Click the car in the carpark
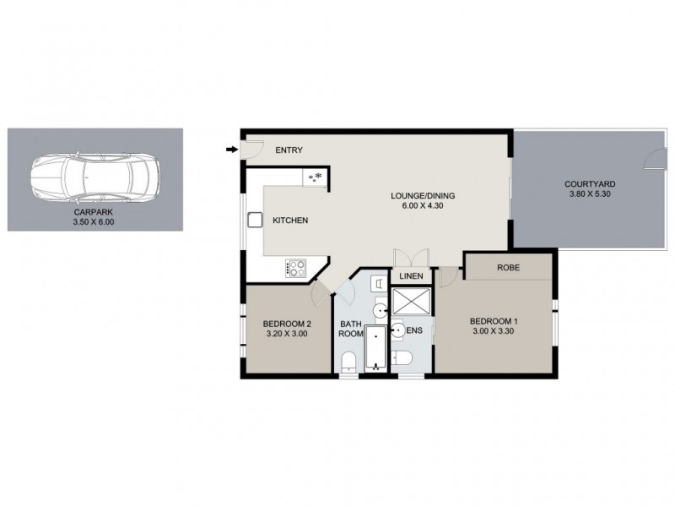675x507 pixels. tap(94, 179)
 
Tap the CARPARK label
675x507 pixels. tap(94, 213)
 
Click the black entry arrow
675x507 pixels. tap(231, 150)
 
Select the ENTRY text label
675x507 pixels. tap(289, 150)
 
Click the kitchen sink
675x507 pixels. tap(255, 220)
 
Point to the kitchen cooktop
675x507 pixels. tap(296, 268)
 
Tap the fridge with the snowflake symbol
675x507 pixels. tap(316, 177)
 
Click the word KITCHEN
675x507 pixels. tap(290, 221)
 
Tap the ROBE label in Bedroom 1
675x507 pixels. tap(508, 268)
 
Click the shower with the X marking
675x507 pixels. tap(411, 302)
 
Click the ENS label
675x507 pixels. tap(414, 330)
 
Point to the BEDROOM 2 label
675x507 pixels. tap(287, 324)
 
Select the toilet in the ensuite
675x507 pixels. tap(402, 361)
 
